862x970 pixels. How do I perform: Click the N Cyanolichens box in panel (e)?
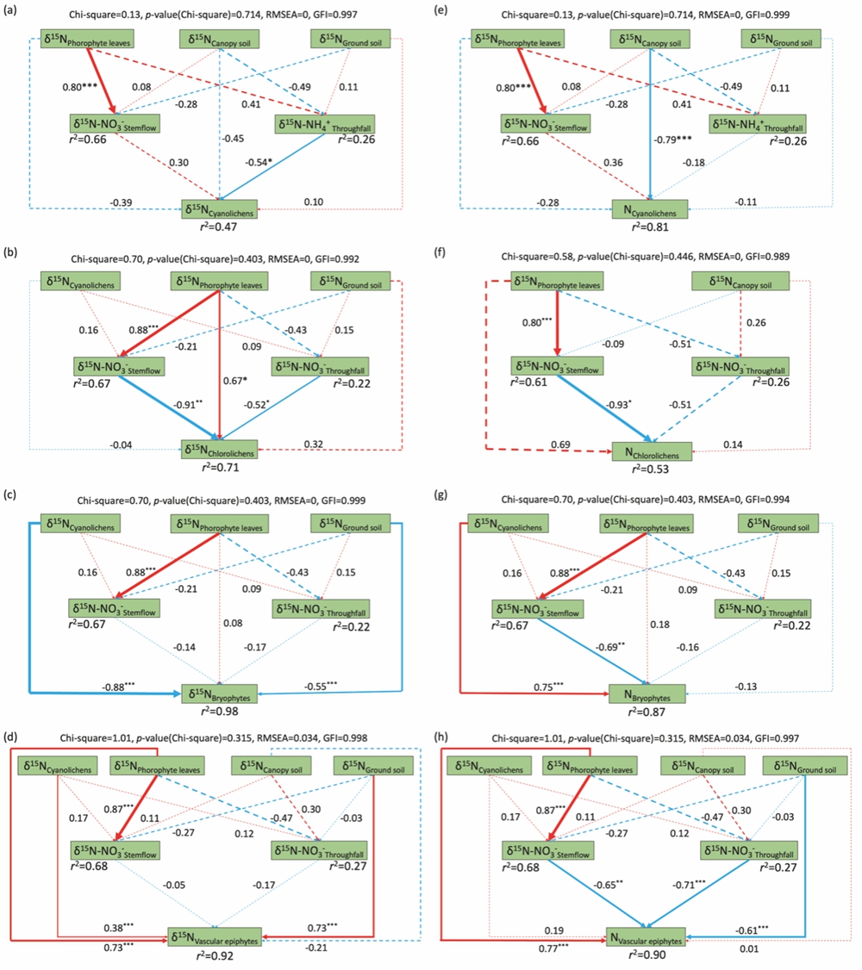click(x=650, y=209)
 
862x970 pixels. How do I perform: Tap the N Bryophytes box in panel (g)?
click(x=649, y=693)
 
